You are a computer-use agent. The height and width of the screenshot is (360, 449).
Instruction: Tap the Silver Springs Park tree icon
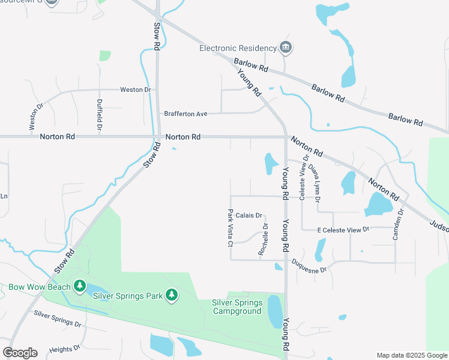[x=172, y=295]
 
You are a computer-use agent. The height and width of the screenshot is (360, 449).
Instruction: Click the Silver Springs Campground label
[x=237, y=307]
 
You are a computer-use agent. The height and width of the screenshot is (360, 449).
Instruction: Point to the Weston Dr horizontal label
[x=135, y=90]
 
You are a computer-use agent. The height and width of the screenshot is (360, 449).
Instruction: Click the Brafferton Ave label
[x=185, y=113]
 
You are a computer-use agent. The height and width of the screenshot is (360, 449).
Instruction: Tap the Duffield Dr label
[x=100, y=115]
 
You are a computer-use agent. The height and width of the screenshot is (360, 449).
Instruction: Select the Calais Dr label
[x=249, y=215]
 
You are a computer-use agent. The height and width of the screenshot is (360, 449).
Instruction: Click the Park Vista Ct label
[x=230, y=228]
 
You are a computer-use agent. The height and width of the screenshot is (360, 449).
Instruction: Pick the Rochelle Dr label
[x=262, y=239]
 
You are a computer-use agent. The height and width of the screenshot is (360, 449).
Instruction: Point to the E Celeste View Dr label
[x=343, y=230]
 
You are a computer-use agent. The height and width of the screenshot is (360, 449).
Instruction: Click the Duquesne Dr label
[x=309, y=266]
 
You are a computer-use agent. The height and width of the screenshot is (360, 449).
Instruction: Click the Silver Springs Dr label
[x=57, y=319]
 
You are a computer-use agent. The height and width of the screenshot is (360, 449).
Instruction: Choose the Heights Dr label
[x=65, y=349]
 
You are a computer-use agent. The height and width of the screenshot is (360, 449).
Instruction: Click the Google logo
[x=20, y=353]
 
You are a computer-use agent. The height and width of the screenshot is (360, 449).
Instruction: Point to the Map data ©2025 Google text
[x=412, y=355]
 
